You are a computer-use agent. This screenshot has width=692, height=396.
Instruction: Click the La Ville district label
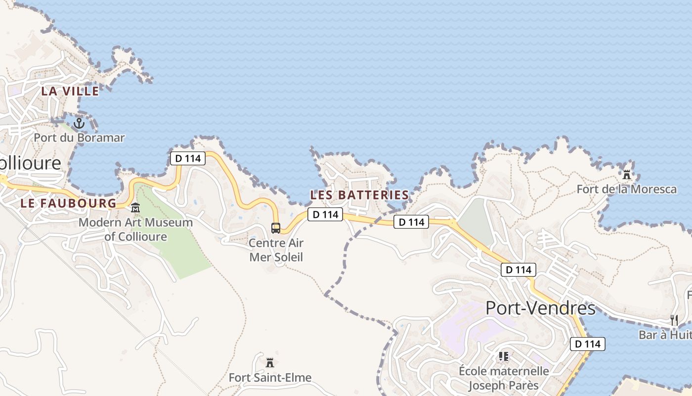pos(70,91)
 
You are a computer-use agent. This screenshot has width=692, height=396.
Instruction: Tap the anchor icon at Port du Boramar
pos(79,123)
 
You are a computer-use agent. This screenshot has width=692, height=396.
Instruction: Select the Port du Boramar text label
pos(79,138)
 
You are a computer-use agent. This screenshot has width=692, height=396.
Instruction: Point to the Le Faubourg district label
pos(68,203)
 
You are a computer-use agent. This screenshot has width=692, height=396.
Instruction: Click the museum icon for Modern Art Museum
pos(135,207)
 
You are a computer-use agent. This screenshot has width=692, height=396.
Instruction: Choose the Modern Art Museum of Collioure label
pos(135,229)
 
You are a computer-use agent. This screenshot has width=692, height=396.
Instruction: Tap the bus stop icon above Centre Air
pos(276,228)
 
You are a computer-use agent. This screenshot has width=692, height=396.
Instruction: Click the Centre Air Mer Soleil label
pos(276,250)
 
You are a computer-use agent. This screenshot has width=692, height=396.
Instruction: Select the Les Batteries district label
pos(359,195)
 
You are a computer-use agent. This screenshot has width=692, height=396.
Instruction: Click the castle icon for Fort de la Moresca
pos(627,174)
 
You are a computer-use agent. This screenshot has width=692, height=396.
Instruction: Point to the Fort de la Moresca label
pos(627,189)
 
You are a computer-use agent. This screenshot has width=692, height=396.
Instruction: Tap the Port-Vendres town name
pos(540,308)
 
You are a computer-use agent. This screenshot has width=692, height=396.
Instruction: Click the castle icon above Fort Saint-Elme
pos(270,363)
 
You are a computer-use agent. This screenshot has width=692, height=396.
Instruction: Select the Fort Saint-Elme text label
pos(270,378)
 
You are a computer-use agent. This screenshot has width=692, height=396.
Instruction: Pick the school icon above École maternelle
pos(504,356)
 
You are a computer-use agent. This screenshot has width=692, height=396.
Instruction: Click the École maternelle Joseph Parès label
pos(504,378)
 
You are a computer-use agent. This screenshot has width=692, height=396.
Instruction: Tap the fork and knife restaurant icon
pos(674,320)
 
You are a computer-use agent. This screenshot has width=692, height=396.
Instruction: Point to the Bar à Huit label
pos(665,335)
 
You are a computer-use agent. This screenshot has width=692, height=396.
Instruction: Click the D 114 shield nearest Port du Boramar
pos(188,158)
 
